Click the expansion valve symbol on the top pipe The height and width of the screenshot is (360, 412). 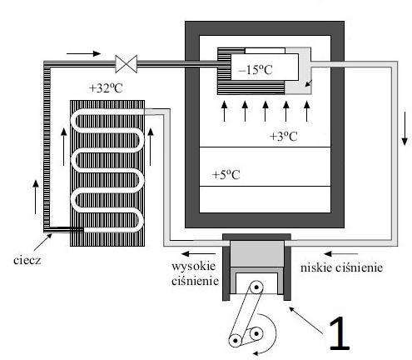click(x=127, y=64)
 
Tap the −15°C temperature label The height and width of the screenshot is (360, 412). click(x=255, y=70)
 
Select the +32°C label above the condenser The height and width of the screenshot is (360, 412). click(x=106, y=88)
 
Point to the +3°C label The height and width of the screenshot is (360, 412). click(x=283, y=137)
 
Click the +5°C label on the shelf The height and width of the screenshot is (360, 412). click(x=226, y=175)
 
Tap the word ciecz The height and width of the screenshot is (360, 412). click(x=27, y=260)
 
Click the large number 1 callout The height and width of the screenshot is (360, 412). click(x=339, y=333)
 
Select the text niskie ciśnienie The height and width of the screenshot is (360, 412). click(x=341, y=267)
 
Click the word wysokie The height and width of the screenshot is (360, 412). click(x=193, y=266)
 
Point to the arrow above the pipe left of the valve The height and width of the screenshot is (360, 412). click(x=83, y=53)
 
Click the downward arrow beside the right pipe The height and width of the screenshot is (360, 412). click(x=405, y=128)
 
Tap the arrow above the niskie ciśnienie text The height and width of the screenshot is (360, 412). click(x=340, y=253)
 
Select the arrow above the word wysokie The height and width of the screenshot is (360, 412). click(x=198, y=253)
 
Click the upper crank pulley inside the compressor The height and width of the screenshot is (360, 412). click(x=256, y=287)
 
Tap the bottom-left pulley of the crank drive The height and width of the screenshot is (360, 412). click(x=235, y=340)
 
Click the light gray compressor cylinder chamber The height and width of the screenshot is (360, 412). click(x=257, y=254)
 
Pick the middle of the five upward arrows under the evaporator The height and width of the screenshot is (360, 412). click(x=266, y=112)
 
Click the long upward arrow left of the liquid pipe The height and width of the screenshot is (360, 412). click(x=36, y=197)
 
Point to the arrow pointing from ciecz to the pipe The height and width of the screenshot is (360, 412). click(x=43, y=242)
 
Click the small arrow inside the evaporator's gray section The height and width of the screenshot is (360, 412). click(x=309, y=83)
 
